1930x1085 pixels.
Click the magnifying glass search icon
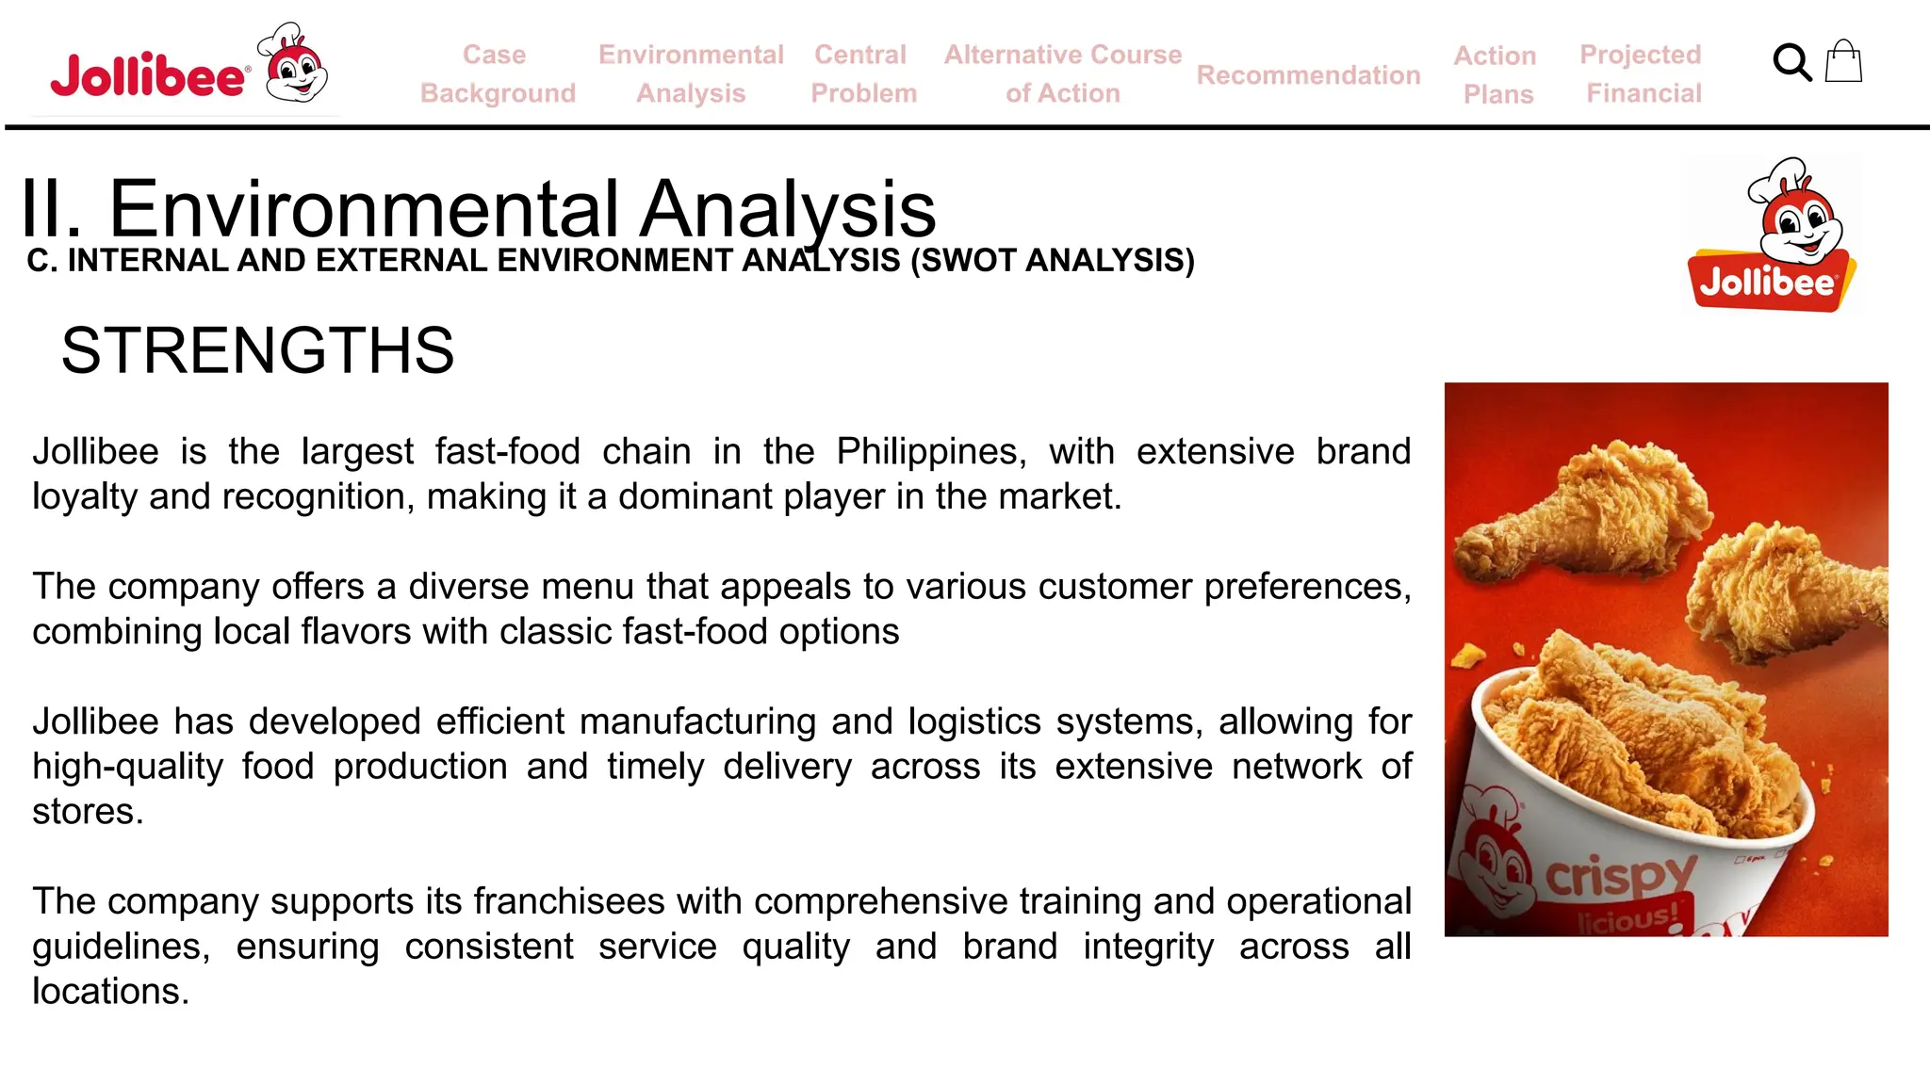tap(1791, 63)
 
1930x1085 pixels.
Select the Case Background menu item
tap(497, 73)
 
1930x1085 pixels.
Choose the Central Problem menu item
tap(862, 73)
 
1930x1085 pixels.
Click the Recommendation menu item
tap(1308, 75)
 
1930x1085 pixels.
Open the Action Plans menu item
tap(1496, 74)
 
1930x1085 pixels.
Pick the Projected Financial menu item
tap(1642, 73)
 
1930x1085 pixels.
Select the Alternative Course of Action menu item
tap(1062, 73)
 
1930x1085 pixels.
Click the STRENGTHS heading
tap(257, 350)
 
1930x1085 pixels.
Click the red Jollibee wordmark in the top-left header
tap(149, 75)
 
